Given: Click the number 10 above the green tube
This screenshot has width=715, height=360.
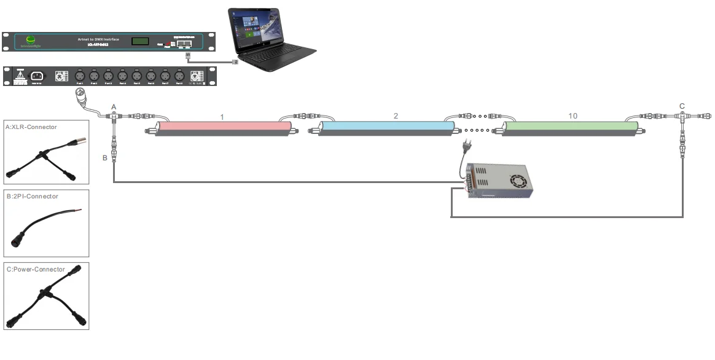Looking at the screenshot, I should (x=572, y=115).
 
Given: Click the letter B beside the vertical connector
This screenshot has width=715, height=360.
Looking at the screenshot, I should (x=104, y=158).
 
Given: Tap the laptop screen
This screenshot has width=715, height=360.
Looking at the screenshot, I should (x=257, y=29).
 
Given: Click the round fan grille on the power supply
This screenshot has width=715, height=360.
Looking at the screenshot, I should (x=518, y=181).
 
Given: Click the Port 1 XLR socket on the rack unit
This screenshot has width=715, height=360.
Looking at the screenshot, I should (x=79, y=76).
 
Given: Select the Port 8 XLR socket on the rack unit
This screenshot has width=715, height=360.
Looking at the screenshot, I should (x=179, y=76).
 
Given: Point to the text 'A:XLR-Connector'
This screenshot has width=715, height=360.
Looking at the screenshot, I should (x=31, y=127).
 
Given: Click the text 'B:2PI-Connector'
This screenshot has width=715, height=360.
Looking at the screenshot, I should (x=31, y=197).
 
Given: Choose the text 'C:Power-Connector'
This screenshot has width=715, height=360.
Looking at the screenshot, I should (x=35, y=269).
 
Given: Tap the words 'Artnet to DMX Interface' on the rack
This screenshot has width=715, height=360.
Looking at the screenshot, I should (x=99, y=39).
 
